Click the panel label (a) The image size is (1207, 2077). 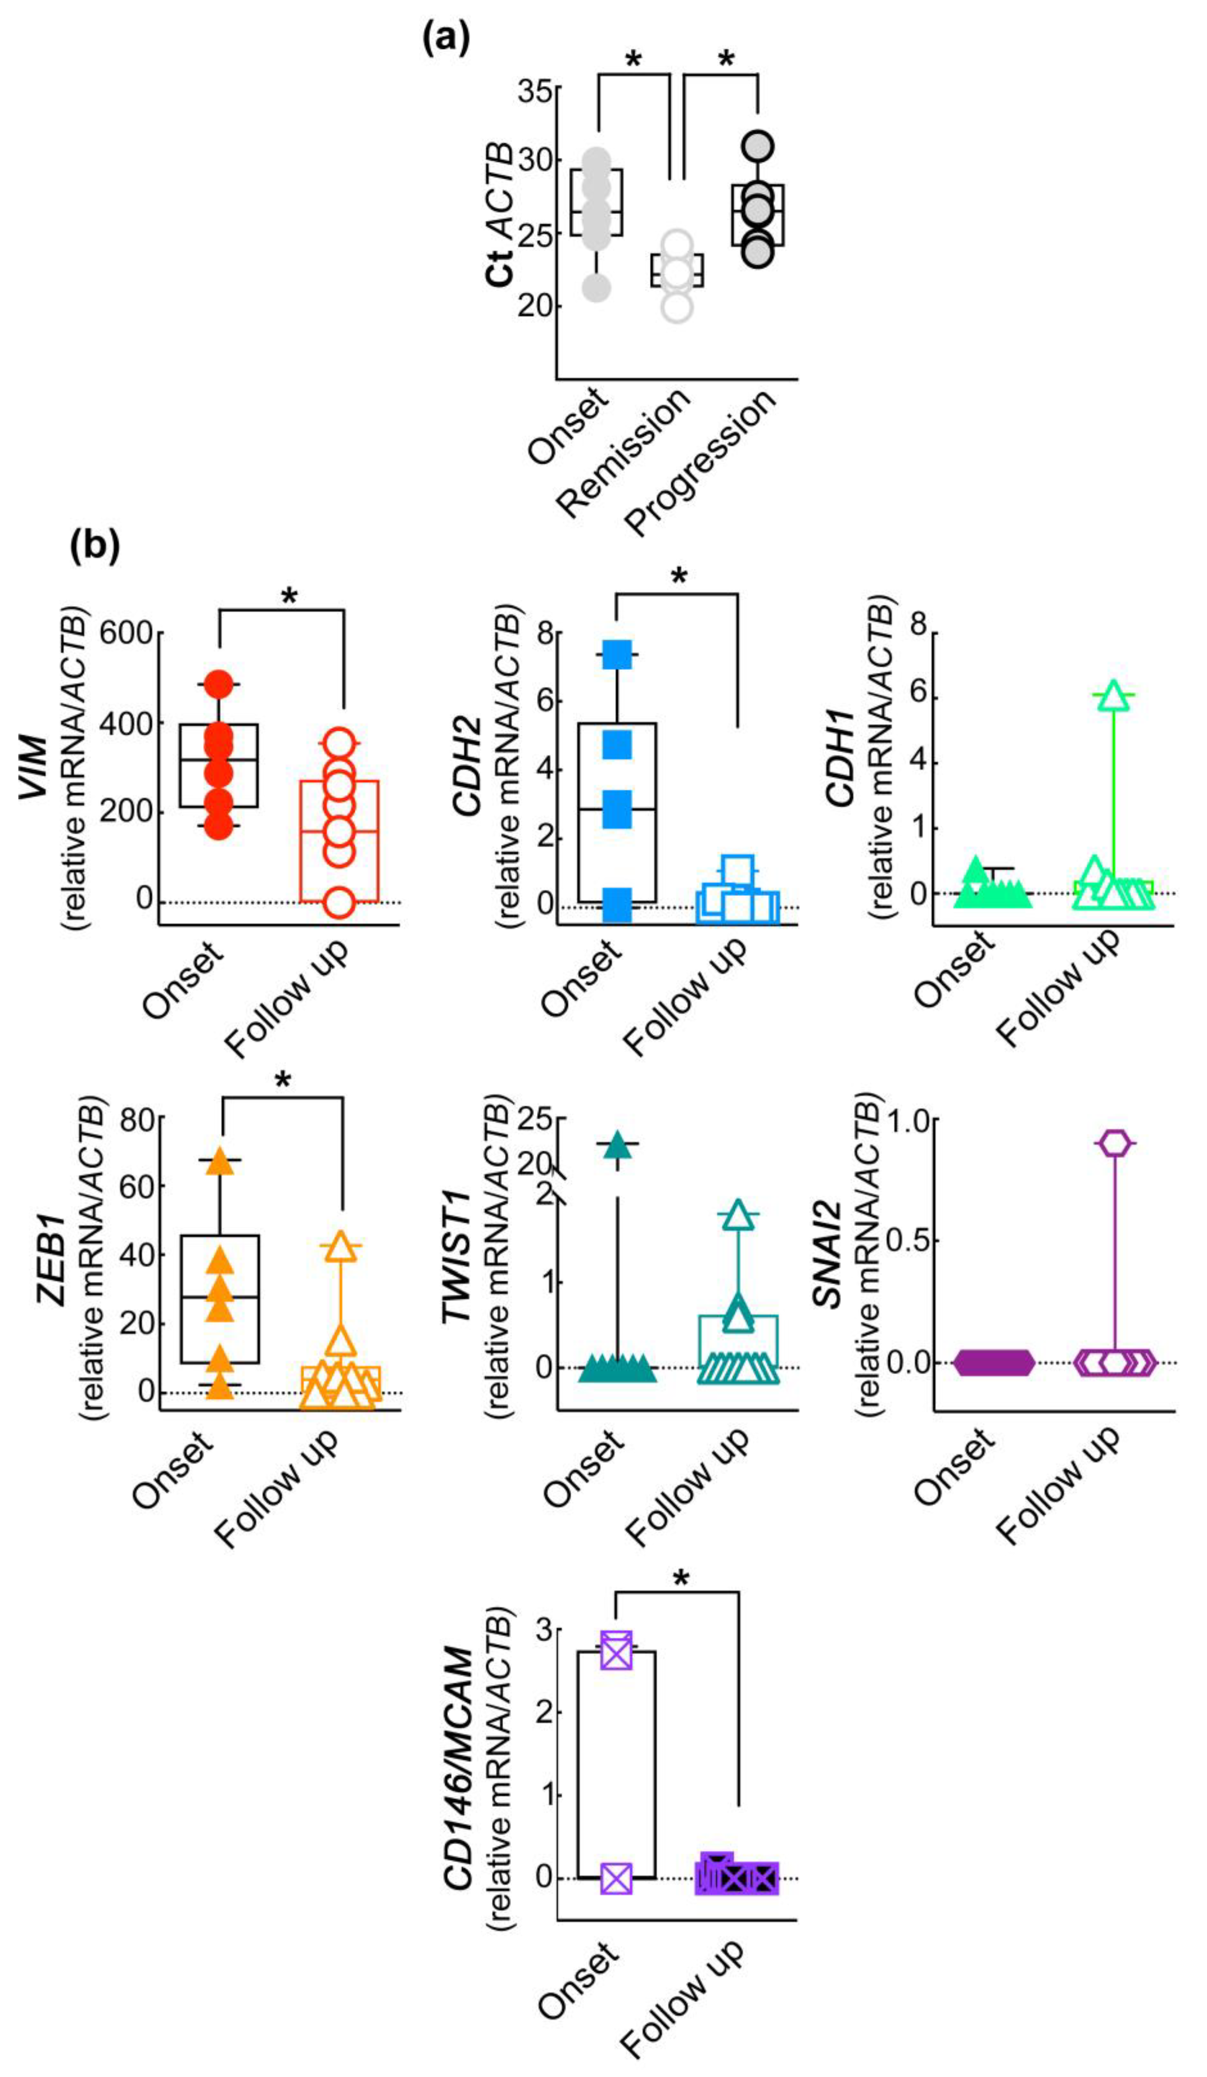446,39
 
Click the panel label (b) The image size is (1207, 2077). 95,546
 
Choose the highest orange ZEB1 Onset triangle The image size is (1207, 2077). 220,1161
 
